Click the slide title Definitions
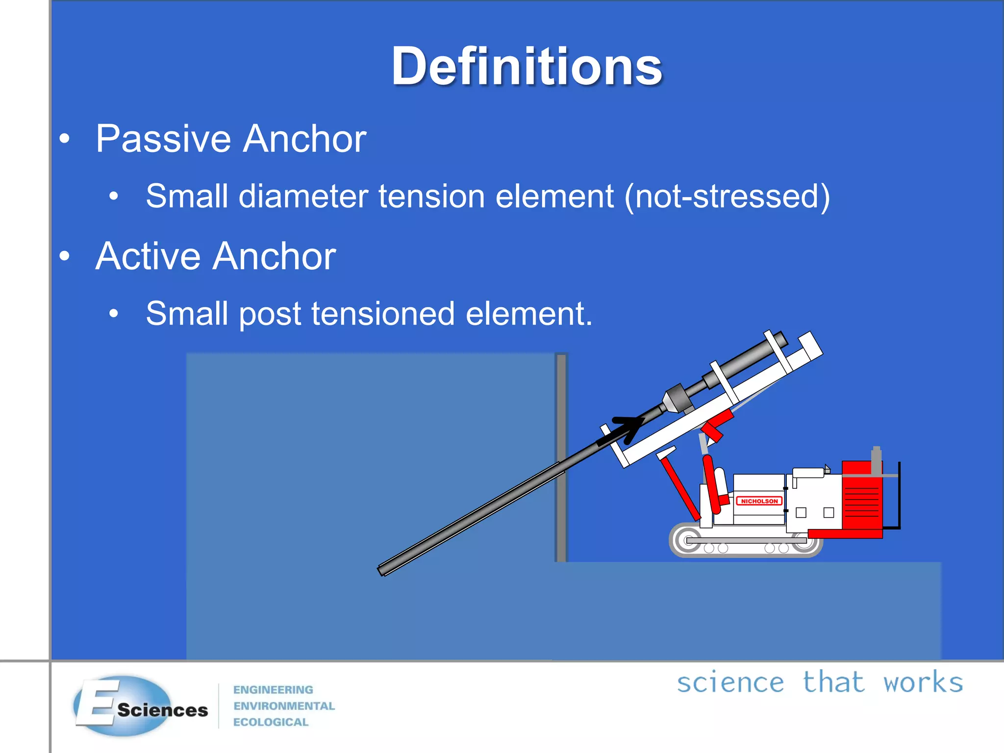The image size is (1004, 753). [x=527, y=66]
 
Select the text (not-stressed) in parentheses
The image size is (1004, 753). [x=728, y=197]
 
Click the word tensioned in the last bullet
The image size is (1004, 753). [x=383, y=314]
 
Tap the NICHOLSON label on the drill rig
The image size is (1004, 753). [x=759, y=501]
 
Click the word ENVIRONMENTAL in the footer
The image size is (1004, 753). [x=284, y=706]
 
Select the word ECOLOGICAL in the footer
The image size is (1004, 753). [x=271, y=722]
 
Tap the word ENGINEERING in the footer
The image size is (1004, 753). [x=273, y=690]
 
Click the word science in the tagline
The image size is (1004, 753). [x=730, y=683]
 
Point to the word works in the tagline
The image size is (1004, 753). [x=923, y=683]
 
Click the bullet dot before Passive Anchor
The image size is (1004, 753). [x=64, y=139]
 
